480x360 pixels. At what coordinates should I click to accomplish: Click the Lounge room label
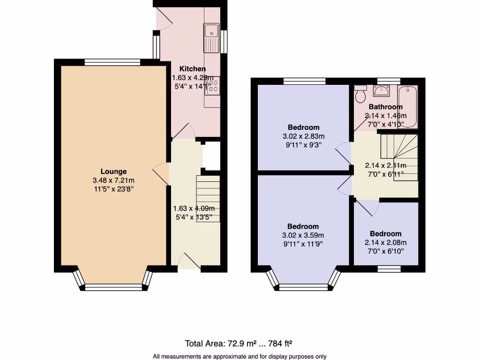pos(113,172)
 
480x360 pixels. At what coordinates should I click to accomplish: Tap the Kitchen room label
pos(192,69)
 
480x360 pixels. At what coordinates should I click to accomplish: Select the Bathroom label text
pos(385,107)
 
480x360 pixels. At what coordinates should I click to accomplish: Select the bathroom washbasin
pos(385,90)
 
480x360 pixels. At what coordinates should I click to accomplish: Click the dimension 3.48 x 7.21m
pos(113,180)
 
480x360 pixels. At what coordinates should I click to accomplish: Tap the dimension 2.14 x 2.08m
pos(385,242)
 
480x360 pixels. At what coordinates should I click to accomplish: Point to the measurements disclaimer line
pos(240,356)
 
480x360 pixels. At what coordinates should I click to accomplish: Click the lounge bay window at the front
pos(113,287)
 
